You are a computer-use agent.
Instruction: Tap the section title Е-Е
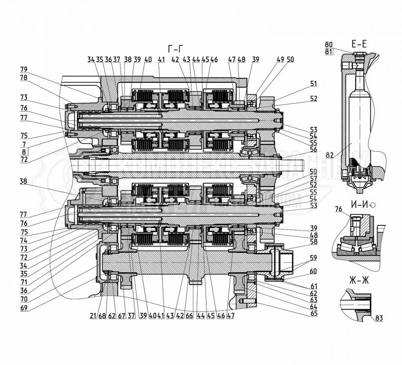point(359,45)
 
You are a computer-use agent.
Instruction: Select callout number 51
point(314,84)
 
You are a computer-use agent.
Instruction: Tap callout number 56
point(314,149)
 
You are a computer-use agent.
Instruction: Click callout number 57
point(314,178)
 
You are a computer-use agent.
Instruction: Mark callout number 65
point(314,313)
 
